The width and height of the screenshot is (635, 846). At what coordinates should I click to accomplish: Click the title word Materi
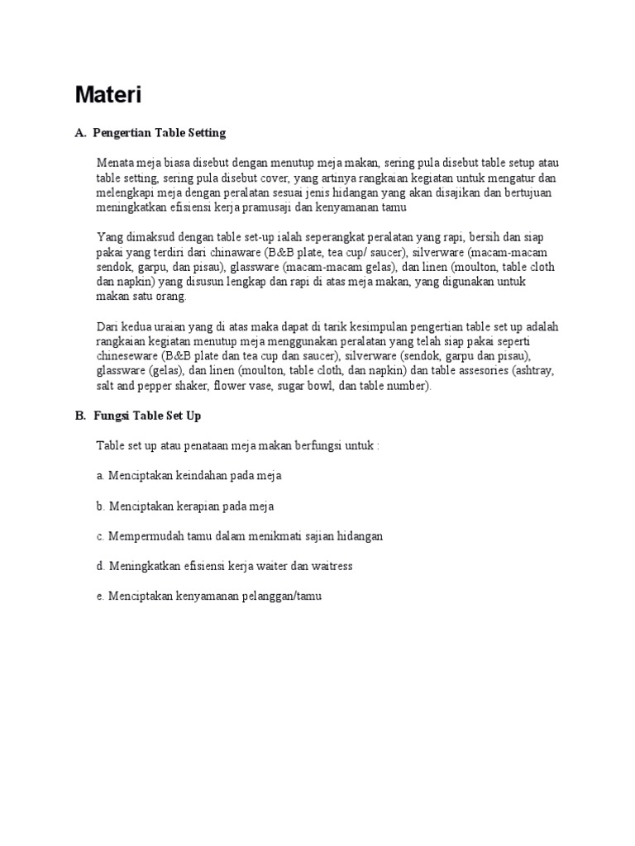108,96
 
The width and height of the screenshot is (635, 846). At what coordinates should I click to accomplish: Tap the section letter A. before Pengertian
80,132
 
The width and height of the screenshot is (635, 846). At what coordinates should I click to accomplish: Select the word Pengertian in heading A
122,132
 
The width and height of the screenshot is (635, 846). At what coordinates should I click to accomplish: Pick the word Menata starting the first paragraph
114,163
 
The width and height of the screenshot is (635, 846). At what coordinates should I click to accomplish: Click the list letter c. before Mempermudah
100,536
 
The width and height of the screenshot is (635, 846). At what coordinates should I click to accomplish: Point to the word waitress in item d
331,566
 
